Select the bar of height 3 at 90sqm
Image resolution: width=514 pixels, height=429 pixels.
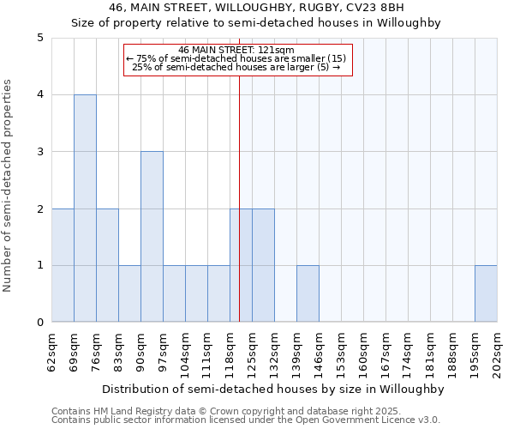coord(152,237)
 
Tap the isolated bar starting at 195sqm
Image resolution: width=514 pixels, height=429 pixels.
coord(486,293)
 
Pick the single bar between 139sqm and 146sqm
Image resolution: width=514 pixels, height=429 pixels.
coord(308,293)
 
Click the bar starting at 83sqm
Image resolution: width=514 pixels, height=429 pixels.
coord(129,293)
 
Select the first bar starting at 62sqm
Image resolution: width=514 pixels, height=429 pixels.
coord(63,265)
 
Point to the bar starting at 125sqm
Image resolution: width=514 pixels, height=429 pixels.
coord(263,265)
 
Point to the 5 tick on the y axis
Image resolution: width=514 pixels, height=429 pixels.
coord(40,38)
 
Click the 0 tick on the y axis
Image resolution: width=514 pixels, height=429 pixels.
coord(40,323)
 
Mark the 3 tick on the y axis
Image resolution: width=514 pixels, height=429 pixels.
coord(40,152)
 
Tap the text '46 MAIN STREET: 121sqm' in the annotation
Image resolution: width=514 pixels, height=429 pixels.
coord(237,50)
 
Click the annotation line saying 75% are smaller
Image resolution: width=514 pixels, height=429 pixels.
coord(237,58)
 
